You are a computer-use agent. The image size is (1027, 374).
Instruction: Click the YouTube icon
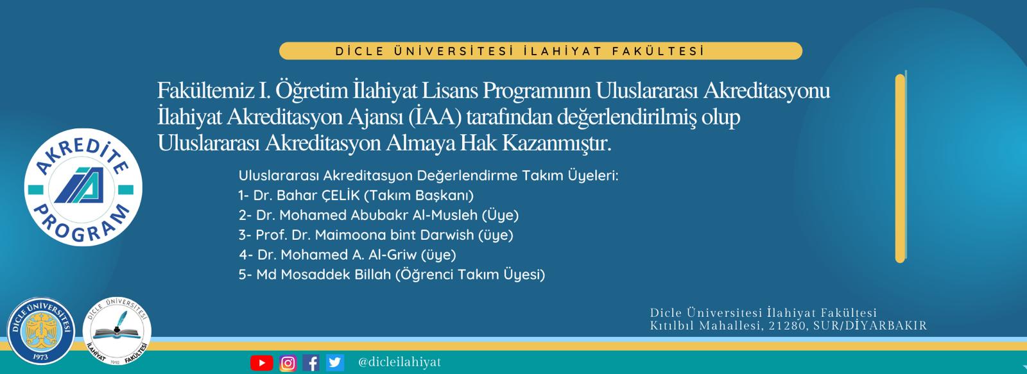coord(262,363)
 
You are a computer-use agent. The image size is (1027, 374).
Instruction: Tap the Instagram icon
coord(288,363)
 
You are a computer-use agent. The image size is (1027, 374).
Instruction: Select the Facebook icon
coord(311,363)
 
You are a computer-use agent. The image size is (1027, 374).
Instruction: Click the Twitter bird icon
coord(334,362)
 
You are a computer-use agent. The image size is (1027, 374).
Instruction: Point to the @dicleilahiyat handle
coord(399,362)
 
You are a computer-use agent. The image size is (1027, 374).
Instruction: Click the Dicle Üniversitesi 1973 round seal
coord(41,331)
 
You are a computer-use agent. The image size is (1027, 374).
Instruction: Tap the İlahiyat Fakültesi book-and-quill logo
coord(117,331)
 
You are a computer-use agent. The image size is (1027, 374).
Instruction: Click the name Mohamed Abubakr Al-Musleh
coord(379,215)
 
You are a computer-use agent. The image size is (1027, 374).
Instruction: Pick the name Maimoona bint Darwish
coord(394,235)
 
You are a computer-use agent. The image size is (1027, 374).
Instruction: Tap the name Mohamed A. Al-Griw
coord(349,255)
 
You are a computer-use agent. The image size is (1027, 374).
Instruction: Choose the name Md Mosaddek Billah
coord(324,275)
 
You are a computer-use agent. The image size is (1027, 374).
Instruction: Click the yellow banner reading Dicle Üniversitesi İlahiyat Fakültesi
coord(540,51)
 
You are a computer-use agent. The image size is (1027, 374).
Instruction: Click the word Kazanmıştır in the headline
coord(557,143)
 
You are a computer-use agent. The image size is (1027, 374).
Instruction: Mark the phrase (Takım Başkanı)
coord(419,196)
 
